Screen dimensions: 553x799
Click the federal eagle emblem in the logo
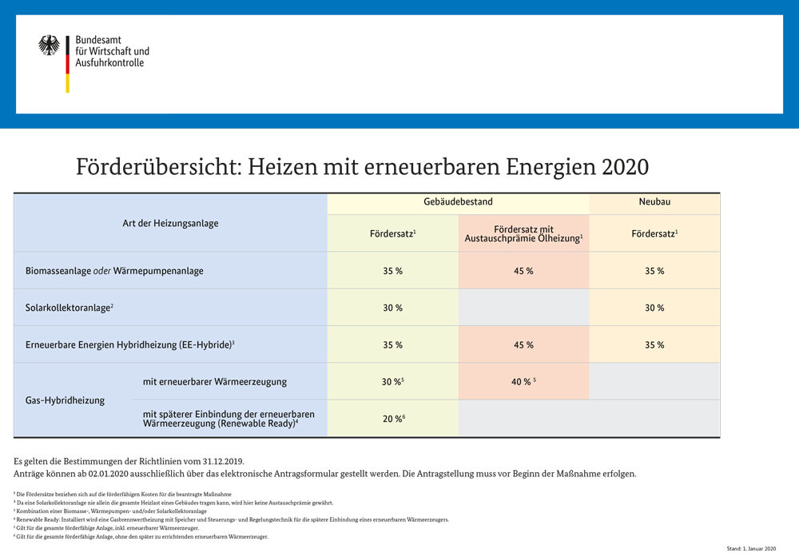click(49, 46)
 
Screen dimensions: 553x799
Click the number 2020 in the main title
click(624, 168)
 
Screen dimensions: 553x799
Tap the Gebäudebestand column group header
click(458, 202)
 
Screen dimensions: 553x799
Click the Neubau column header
click(654, 202)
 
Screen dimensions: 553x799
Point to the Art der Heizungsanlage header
click(170, 223)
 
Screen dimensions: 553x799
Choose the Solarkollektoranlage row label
click(69, 308)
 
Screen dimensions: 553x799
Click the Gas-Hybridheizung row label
click(65, 400)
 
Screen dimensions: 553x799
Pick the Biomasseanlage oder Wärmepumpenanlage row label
click(114, 271)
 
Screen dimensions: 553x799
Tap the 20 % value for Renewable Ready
click(392, 419)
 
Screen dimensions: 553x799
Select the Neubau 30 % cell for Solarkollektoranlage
click(654, 308)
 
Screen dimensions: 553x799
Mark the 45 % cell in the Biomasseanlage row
click(523, 271)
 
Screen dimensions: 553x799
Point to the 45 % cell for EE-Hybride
click(523, 345)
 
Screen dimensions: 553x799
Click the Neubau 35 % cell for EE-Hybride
click(654, 345)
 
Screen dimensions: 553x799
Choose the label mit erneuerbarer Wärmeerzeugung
click(214, 382)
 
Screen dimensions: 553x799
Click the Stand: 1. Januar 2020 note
click(751, 548)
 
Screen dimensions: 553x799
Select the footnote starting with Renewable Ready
click(232, 519)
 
